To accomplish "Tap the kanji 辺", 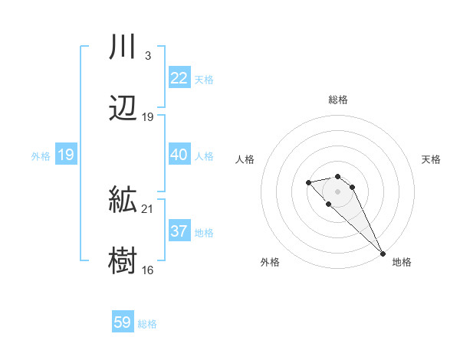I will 123,109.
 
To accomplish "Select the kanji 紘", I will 123,201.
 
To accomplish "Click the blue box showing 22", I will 179,78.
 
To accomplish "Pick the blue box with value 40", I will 179,155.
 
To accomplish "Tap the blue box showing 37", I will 179,231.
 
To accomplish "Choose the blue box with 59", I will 123,322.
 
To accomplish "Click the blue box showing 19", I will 66,155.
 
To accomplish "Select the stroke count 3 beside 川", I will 148,56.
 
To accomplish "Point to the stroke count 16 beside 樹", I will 148,270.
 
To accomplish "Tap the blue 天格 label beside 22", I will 204,79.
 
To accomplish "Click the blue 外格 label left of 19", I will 41,155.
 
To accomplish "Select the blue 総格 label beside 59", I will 147,323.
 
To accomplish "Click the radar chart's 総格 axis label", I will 338,100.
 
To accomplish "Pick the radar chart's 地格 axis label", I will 402,262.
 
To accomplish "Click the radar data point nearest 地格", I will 383,253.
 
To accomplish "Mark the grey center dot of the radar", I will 337,191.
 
